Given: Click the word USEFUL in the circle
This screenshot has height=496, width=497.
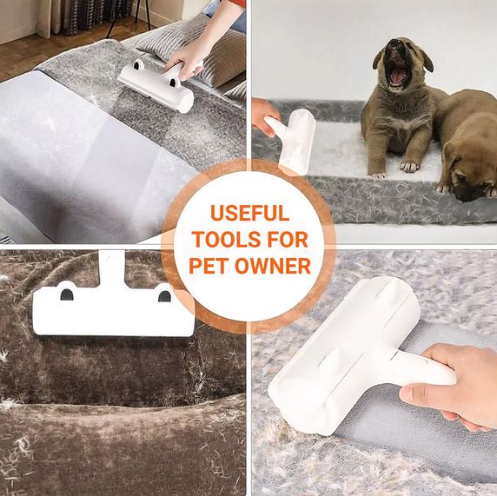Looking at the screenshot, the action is click(x=249, y=213).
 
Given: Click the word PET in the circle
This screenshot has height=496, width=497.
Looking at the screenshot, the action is click(x=209, y=266).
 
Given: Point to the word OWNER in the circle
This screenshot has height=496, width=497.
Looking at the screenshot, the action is click(x=273, y=266).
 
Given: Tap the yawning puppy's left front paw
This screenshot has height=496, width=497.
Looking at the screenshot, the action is click(x=409, y=166).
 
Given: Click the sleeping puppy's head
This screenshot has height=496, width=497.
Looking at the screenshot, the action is click(x=467, y=171).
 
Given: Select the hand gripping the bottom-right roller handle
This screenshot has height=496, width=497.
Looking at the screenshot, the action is click(x=454, y=386).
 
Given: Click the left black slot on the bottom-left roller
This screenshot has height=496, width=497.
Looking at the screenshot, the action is click(x=67, y=294).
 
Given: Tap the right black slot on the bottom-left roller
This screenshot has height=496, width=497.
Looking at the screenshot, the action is click(x=164, y=296).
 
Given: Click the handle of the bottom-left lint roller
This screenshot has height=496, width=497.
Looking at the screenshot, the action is click(x=111, y=267).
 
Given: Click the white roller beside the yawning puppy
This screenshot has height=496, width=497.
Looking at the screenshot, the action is click(x=293, y=140).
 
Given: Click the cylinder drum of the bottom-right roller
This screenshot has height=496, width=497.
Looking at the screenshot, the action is click(x=344, y=355).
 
